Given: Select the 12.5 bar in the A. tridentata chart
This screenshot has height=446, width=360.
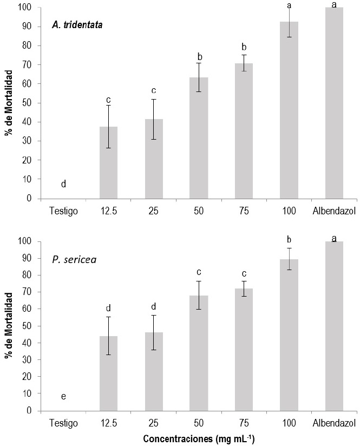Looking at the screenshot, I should point(108,162).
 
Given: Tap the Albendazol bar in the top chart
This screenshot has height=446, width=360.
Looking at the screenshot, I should point(334,103).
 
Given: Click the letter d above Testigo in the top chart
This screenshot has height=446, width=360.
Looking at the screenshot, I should point(63,184).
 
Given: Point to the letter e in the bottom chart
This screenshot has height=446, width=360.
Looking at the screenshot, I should point(63,397).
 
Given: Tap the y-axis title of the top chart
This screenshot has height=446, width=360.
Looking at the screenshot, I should point(9,103).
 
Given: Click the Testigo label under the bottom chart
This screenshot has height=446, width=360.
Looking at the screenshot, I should point(63,422).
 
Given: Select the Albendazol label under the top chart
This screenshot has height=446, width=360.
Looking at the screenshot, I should point(334,210).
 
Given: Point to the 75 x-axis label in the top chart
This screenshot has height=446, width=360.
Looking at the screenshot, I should point(244,210).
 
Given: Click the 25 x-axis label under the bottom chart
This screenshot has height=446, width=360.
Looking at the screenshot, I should point(154,422).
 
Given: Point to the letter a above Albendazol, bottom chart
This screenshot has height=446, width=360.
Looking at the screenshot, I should point(334,238).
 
